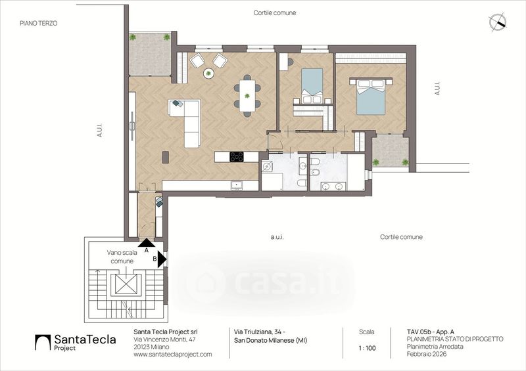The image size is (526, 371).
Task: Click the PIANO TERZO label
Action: tap(39, 23)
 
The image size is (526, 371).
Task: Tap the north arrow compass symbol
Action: tap(498, 22)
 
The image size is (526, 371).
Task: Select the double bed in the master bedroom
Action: tap(371, 96)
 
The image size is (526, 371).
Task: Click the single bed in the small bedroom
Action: tap(312, 86)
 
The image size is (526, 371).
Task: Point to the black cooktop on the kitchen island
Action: tap(237, 156)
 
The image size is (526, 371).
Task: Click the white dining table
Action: tap(247, 95)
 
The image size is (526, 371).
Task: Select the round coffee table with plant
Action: tap(208, 73)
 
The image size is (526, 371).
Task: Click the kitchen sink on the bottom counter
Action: tap(237, 185)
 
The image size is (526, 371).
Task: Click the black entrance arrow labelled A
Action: tap(146, 242)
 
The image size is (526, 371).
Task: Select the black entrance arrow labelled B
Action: tap(162, 259)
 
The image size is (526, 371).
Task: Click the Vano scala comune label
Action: tap(122, 257)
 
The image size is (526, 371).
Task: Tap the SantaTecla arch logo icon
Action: tap(43, 342)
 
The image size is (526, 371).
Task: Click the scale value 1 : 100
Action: tap(367, 348)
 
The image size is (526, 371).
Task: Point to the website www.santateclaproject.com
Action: tap(173, 354)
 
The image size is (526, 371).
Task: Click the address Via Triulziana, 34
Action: tap(260, 332)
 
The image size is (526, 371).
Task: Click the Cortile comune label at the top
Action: tap(275, 12)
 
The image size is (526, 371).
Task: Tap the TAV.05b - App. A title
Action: tap(431, 332)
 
